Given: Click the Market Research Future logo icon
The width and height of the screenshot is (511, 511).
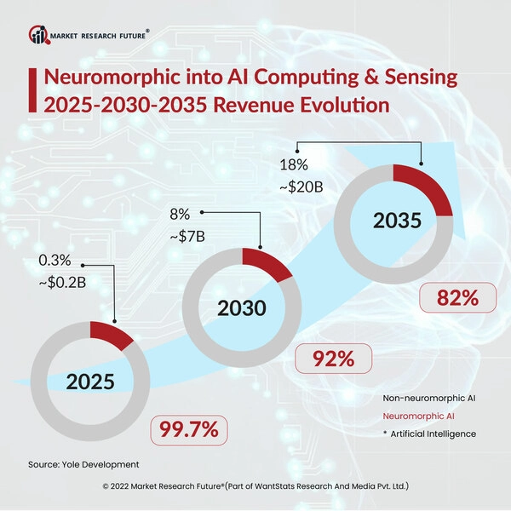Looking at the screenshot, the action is (x=39, y=35).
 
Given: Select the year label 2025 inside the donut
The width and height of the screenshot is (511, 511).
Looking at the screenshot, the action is (x=90, y=382).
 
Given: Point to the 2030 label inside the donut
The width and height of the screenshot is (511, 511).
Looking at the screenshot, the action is (x=242, y=308).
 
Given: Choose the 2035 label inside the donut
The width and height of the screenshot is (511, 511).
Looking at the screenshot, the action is (x=397, y=221).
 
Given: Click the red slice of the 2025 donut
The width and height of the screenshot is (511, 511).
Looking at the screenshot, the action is (x=110, y=335).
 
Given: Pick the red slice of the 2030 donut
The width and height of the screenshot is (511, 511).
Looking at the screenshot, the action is (x=266, y=263).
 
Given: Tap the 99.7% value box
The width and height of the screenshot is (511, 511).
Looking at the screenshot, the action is (x=189, y=430).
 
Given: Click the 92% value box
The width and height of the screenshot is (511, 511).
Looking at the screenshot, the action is (x=333, y=359).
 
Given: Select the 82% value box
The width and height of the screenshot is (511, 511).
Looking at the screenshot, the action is (x=458, y=297).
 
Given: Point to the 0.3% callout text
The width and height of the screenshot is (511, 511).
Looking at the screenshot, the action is (x=55, y=261).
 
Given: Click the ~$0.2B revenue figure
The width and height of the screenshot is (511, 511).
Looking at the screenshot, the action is (x=62, y=282).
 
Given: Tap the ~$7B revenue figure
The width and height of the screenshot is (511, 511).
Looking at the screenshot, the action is (x=187, y=236).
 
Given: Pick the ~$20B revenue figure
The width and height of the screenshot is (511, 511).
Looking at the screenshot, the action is (x=301, y=187).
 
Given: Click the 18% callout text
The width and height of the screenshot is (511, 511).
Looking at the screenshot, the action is (x=294, y=165).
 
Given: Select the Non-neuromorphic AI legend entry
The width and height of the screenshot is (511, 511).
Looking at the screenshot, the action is (x=429, y=399).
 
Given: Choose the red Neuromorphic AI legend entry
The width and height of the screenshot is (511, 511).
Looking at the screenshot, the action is (x=418, y=416).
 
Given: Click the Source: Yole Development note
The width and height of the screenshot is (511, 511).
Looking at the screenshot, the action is (x=83, y=464).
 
